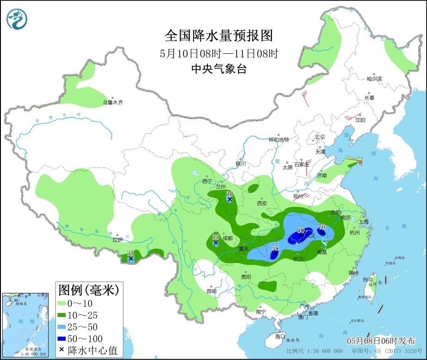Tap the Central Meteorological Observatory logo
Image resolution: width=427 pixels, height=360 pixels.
pos(17,19)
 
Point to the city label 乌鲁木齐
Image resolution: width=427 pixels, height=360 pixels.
pos(113,103)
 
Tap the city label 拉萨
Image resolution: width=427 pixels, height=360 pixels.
pos(118,240)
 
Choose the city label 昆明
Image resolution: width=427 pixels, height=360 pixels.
pos(211,292)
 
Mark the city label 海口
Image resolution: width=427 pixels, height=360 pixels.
pos(279,336)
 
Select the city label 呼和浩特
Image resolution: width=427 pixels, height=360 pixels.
pos(279,140)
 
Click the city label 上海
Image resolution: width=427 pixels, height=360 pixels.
pos(363,222)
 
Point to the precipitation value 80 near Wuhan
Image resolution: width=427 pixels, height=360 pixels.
pos(301,230)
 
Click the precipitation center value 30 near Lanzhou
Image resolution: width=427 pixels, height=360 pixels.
pos(229,193)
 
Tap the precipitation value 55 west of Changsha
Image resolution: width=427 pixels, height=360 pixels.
pos(275,248)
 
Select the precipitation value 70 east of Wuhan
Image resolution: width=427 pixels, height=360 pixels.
pos(322,227)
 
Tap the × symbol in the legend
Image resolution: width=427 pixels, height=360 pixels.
pos(62,350)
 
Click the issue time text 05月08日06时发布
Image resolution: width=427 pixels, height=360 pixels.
pos(381,340)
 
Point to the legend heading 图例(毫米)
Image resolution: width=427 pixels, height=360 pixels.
pos(88,290)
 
